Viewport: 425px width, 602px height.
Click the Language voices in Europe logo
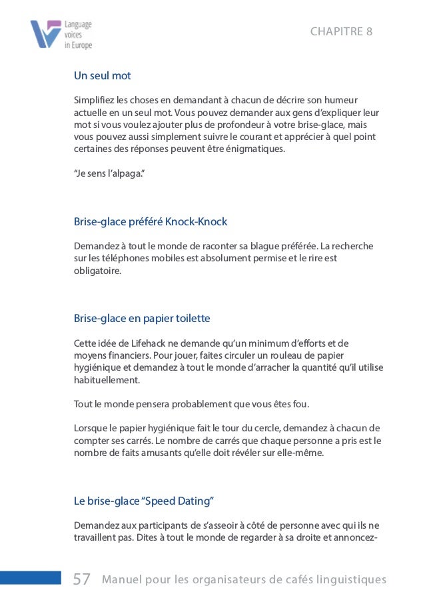click(61, 35)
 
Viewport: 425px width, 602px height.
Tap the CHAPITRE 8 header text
click(341, 32)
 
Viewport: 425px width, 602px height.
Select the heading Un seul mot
click(102, 75)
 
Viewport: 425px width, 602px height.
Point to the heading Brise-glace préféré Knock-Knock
click(151, 221)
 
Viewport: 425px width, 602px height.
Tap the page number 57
click(81, 579)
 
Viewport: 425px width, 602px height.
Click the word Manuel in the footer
click(122, 580)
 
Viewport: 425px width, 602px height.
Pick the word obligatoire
click(98, 271)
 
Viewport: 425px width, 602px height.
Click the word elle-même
click(300, 453)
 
